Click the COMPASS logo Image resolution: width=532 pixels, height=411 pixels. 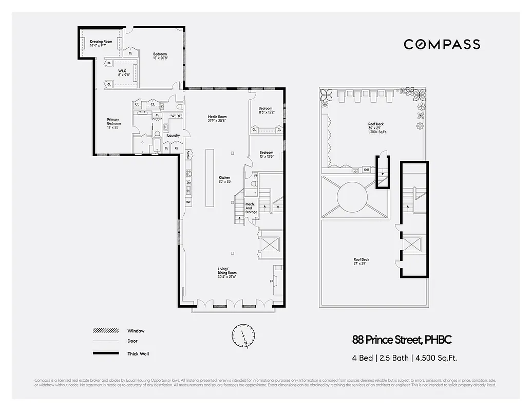pos(442,44)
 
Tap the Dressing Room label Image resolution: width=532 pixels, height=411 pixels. pos(101,44)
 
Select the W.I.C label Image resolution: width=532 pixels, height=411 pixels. pos(123,72)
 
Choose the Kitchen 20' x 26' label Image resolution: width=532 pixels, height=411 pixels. pos(225,179)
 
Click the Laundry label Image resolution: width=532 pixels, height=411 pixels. pos(173,136)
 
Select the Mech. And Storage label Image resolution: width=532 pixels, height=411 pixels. pos(251,208)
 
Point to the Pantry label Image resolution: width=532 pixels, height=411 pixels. pos(188,154)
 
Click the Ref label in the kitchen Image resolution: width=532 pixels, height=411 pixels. pos(188,202)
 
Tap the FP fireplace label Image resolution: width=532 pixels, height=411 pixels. pos(272,281)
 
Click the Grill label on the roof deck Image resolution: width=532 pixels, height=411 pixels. pos(366,170)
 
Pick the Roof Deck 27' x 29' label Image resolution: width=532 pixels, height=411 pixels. pos(361,261)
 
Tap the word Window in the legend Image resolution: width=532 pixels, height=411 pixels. pos(136,331)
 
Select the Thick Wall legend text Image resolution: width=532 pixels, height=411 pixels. pos(138,353)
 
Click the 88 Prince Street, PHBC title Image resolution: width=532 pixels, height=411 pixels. pos(402,340)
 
